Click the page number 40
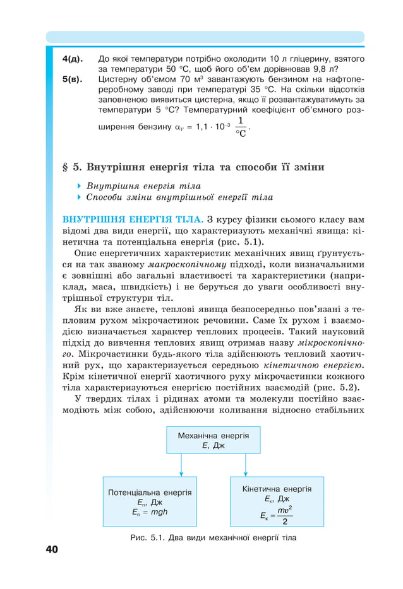[51, 549]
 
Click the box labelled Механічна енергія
[213, 440]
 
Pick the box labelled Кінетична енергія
[277, 501]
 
